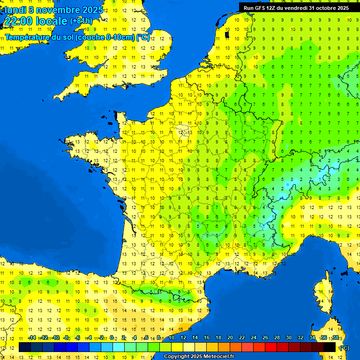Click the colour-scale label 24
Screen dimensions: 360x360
point(254,338)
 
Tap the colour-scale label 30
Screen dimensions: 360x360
point(289,338)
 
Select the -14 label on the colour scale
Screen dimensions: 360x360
point(32,338)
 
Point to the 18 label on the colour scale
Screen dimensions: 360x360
point(218,338)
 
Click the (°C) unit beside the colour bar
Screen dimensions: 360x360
point(344,347)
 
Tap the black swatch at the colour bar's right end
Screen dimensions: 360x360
point(330,347)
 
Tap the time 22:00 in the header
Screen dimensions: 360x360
point(19,21)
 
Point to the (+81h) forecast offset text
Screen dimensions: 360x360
point(81,21)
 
